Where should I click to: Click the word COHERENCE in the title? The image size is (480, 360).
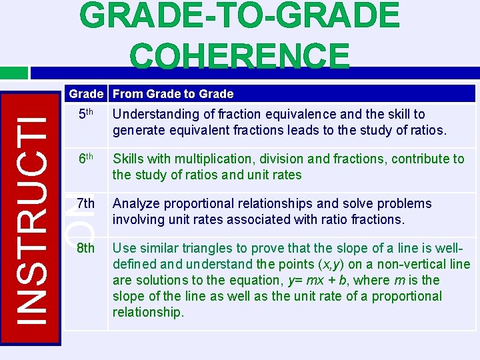click(240, 56)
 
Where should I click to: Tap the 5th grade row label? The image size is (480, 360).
click(86, 114)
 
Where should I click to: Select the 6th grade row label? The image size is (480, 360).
click(86, 159)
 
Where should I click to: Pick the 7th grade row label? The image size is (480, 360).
click(86, 203)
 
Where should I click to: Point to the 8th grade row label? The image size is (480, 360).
click(86, 248)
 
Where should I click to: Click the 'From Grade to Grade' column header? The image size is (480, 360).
click(173, 94)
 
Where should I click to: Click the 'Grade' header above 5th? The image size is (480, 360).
click(86, 94)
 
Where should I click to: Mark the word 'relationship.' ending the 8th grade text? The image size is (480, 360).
click(148, 312)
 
